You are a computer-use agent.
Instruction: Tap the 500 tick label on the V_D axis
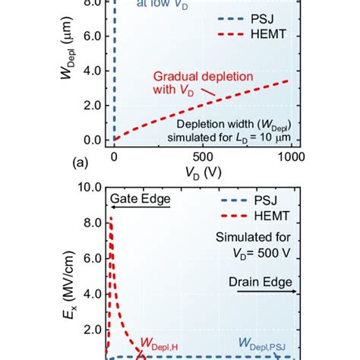click(203, 156)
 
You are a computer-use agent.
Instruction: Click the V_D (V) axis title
click(202, 174)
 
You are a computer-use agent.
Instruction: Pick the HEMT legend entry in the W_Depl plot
click(262, 35)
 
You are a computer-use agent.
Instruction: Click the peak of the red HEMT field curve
click(112, 219)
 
